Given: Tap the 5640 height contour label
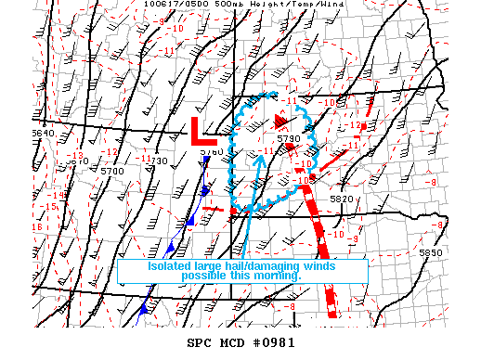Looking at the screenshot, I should click(x=43, y=134).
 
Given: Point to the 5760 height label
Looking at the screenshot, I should click(x=211, y=151).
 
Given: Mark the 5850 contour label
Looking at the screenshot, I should click(x=429, y=252).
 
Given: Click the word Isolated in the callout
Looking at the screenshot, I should click(x=170, y=266).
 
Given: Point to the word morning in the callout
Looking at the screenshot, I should click(x=275, y=276).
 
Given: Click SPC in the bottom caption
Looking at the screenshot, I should click(x=199, y=343).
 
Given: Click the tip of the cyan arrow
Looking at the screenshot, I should click(x=262, y=153).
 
